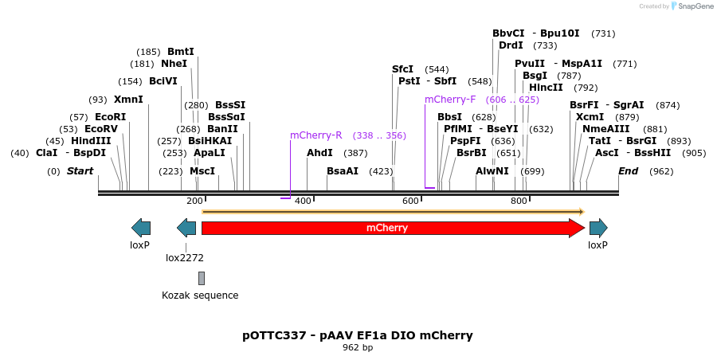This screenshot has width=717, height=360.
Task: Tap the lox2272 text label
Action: [185, 257]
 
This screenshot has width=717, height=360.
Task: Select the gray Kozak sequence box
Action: [202, 278]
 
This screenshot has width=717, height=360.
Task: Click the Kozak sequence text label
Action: [200, 295]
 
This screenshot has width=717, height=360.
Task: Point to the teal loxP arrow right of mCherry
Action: [598, 229]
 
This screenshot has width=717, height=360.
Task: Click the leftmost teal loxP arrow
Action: [140, 229]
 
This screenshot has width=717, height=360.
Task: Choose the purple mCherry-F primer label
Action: [450, 100]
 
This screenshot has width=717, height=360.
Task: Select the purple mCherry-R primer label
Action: [315, 135]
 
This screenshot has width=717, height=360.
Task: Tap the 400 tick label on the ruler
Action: [303, 201]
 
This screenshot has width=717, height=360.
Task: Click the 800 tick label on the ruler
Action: [519, 201]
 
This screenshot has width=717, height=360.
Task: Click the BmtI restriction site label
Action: [180, 52]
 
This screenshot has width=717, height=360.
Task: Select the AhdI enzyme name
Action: [319, 153]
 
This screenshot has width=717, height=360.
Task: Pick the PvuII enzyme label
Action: [530, 64]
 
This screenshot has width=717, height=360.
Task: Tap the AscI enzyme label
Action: [607, 153]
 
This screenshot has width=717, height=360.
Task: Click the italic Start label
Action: [80, 171]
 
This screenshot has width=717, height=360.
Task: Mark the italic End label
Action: [629, 171]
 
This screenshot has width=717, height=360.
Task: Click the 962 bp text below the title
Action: [358, 348]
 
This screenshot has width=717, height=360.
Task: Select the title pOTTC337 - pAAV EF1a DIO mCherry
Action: [358, 335]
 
